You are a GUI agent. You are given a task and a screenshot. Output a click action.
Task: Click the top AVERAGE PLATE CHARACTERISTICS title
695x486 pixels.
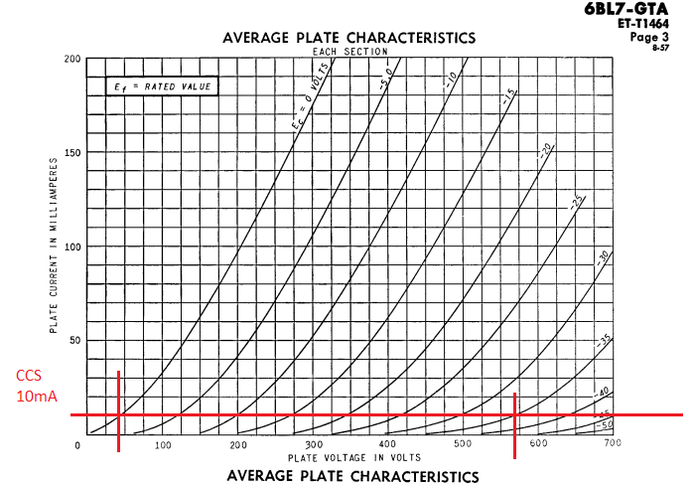(x=348, y=38)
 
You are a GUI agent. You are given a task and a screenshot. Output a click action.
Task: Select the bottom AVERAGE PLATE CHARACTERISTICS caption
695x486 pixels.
(x=352, y=476)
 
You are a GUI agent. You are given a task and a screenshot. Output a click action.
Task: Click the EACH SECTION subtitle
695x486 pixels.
(x=349, y=51)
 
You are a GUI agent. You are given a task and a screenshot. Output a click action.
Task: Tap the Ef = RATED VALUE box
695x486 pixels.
(x=162, y=86)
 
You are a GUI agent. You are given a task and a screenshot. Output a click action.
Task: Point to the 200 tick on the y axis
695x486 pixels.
(x=70, y=59)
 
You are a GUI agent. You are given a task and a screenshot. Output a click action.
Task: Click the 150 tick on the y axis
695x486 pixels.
(x=70, y=152)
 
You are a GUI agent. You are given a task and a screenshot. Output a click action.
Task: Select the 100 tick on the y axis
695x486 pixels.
(x=70, y=246)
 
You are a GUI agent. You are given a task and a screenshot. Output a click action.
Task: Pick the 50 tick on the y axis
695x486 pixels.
(x=73, y=340)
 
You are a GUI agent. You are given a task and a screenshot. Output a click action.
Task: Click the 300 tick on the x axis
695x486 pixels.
(x=313, y=444)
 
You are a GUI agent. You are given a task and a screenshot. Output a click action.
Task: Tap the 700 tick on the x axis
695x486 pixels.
(x=612, y=442)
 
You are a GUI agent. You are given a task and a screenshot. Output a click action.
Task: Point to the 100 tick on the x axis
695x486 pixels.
(x=163, y=445)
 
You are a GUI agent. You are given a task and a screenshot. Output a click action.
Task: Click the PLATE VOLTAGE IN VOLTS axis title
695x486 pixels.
(x=354, y=457)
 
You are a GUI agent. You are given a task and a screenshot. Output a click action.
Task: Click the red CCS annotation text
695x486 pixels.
(x=30, y=377)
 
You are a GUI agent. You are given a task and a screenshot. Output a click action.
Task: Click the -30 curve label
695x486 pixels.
(x=602, y=256)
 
